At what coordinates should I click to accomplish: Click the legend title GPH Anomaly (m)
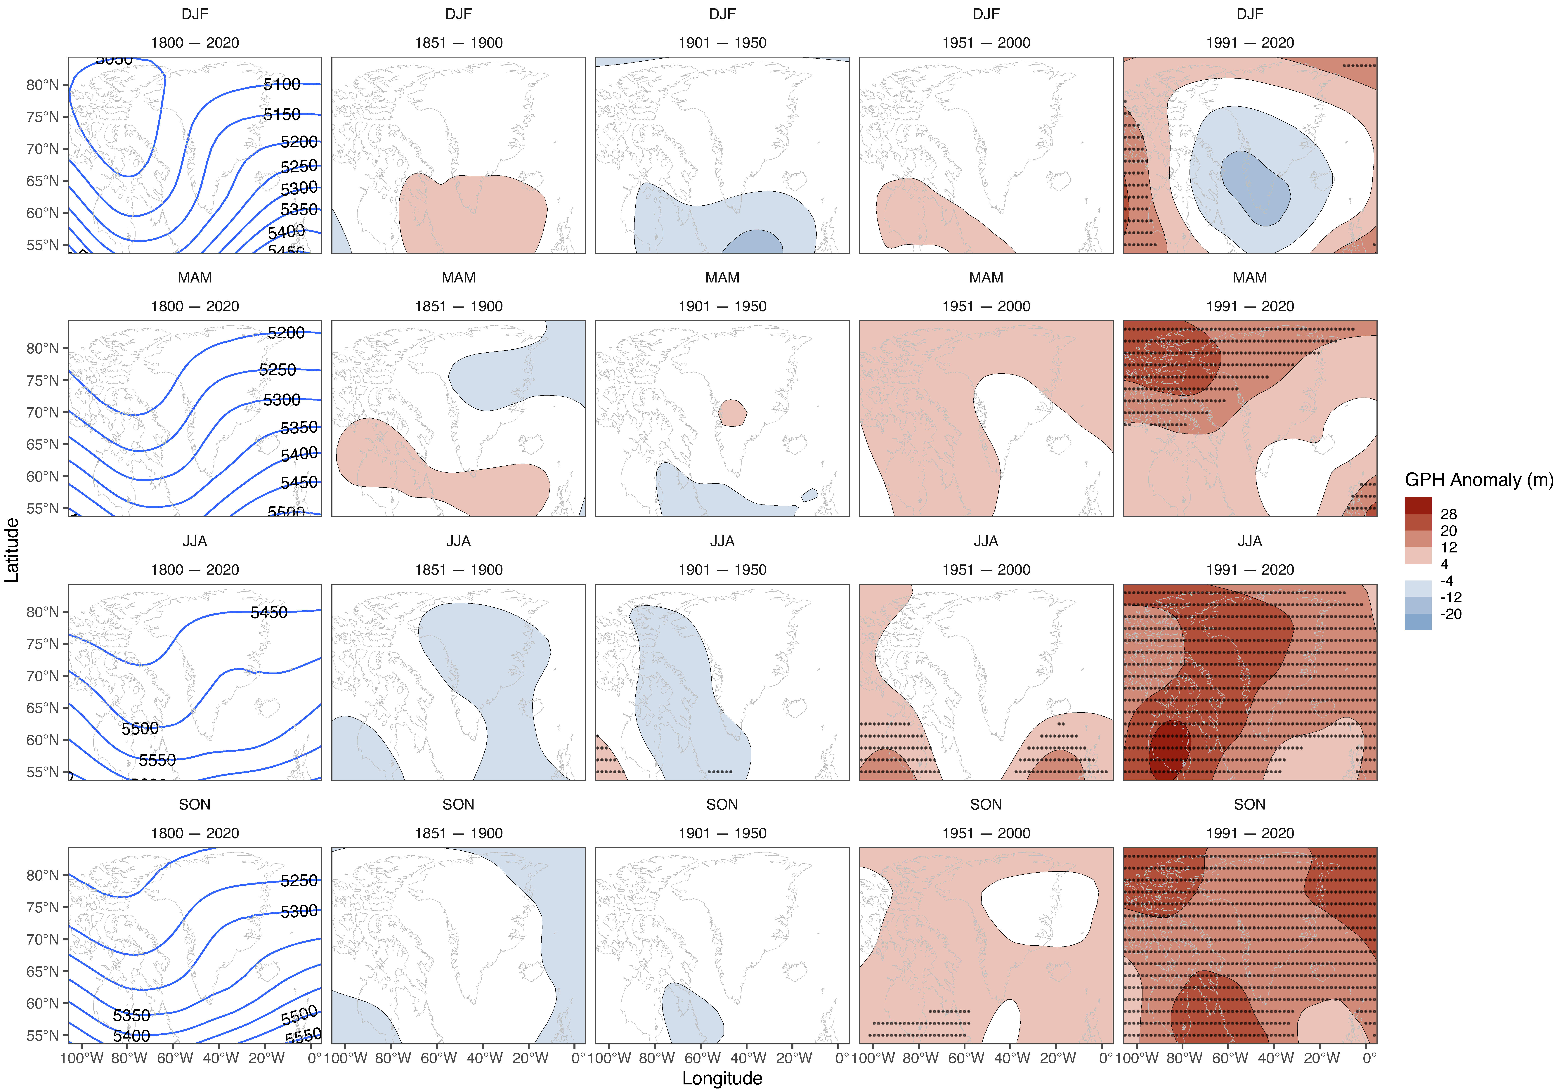click(1478, 480)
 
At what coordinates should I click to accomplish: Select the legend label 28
click(1449, 514)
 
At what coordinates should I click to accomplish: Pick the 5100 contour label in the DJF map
click(281, 84)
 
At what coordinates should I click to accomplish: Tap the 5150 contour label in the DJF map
click(281, 115)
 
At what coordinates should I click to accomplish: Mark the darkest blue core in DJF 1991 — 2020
click(1255, 189)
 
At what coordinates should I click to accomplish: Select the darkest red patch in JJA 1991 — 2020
click(1170, 749)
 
